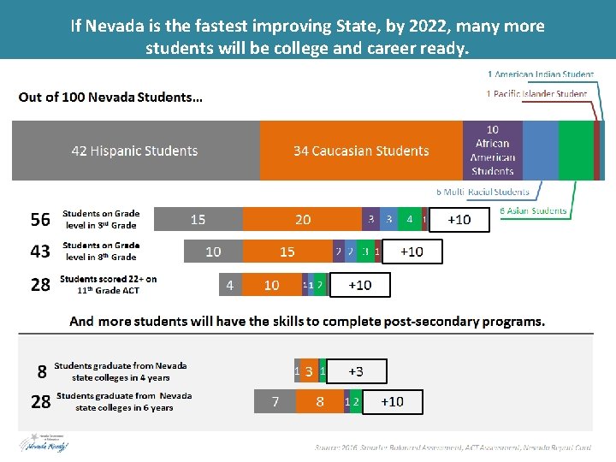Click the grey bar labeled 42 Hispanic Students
[x=135, y=151]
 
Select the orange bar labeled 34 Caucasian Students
[x=361, y=151]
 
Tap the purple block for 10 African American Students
[x=492, y=151]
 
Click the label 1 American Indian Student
[x=540, y=75]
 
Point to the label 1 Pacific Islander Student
[x=536, y=93]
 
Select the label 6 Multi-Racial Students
[x=483, y=192]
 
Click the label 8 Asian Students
[x=533, y=210]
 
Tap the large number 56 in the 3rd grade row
[x=40, y=220]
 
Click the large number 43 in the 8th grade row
[x=40, y=252]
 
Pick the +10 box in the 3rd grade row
[x=460, y=220]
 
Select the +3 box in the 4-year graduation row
[x=356, y=371]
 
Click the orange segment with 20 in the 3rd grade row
[x=303, y=220]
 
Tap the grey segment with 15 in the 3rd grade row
[x=198, y=220]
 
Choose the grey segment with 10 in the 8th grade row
[x=213, y=252]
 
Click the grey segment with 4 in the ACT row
[x=229, y=284]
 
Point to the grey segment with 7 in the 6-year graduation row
[x=275, y=401]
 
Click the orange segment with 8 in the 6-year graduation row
[x=319, y=401]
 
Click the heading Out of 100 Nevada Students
[x=110, y=97]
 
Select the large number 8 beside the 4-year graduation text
[x=41, y=371]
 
